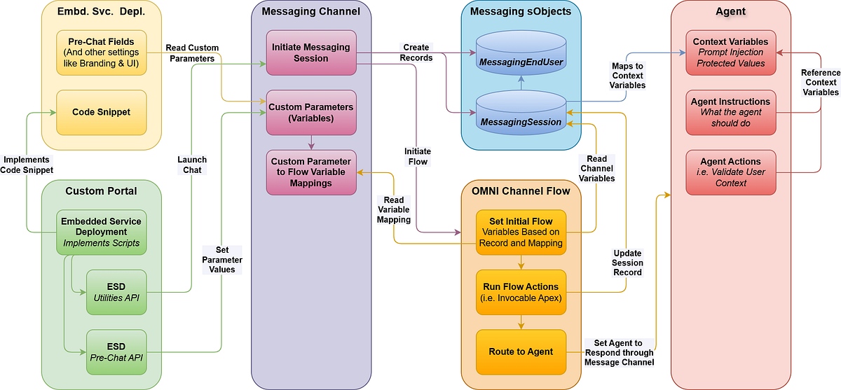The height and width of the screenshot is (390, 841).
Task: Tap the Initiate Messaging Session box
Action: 311,53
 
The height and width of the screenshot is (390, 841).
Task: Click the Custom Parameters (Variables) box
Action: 311,112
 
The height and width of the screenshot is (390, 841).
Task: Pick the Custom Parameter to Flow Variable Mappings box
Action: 311,172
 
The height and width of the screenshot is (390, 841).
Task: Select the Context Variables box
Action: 730,53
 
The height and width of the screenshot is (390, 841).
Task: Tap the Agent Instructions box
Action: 730,112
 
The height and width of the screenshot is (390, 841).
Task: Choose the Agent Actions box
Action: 730,172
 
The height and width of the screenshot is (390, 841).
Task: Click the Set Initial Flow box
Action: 521,232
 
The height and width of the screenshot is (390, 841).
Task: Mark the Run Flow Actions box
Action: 521,292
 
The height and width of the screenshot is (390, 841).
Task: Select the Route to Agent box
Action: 521,352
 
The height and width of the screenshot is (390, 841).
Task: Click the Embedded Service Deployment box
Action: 102,232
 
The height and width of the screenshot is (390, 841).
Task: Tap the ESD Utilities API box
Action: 116,292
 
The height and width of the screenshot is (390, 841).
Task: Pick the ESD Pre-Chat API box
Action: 116,352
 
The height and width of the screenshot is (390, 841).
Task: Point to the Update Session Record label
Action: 627,263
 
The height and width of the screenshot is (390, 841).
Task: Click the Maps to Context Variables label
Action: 628,76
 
